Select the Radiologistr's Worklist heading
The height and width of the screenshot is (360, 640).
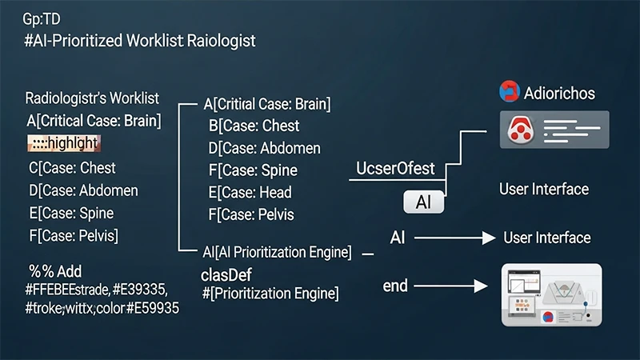(92, 99)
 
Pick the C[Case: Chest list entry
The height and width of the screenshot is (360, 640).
(71, 168)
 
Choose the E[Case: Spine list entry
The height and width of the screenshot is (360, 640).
(70, 213)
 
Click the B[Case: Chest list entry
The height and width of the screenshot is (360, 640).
(254, 126)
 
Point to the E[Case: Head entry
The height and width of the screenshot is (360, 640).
(250, 192)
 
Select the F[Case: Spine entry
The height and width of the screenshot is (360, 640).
(252, 170)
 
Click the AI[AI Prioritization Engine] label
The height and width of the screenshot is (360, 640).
(277, 252)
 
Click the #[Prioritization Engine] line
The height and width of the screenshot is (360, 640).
(270, 294)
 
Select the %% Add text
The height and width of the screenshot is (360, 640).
(55, 271)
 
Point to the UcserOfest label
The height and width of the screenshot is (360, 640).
(395, 168)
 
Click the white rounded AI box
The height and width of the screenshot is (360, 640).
(423, 202)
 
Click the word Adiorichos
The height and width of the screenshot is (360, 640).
(559, 93)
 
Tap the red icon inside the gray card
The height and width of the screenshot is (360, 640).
(522, 130)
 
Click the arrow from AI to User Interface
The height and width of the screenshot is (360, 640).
(453, 238)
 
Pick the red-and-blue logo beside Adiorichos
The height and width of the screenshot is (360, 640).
(509, 92)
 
